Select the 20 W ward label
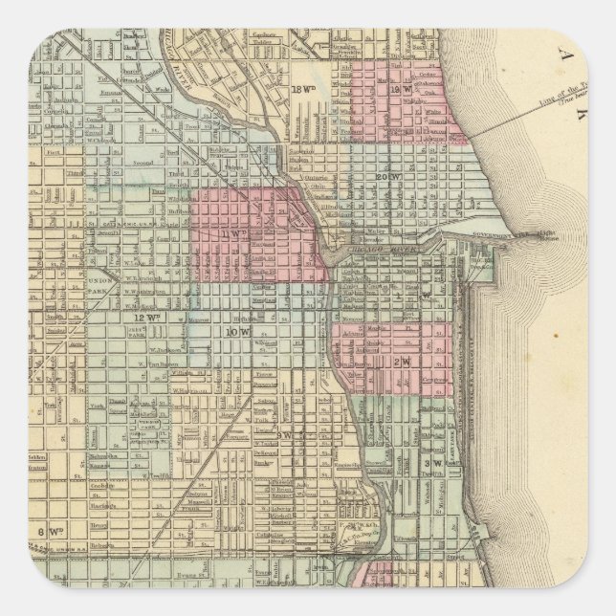386,178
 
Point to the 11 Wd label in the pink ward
229,231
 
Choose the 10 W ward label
236,331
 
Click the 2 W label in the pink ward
403,363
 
